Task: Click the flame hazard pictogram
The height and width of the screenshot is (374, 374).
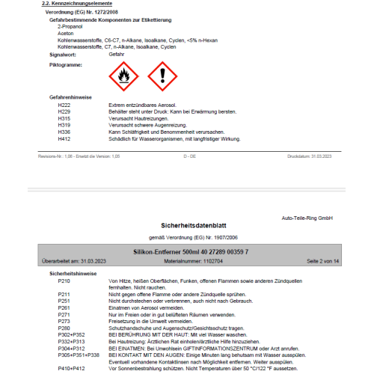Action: click(123, 75)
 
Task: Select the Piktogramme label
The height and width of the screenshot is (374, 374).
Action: click(65, 64)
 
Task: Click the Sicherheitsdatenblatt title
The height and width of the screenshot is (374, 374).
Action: click(187, 224)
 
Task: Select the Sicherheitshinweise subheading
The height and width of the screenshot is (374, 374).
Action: click(72, 273)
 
